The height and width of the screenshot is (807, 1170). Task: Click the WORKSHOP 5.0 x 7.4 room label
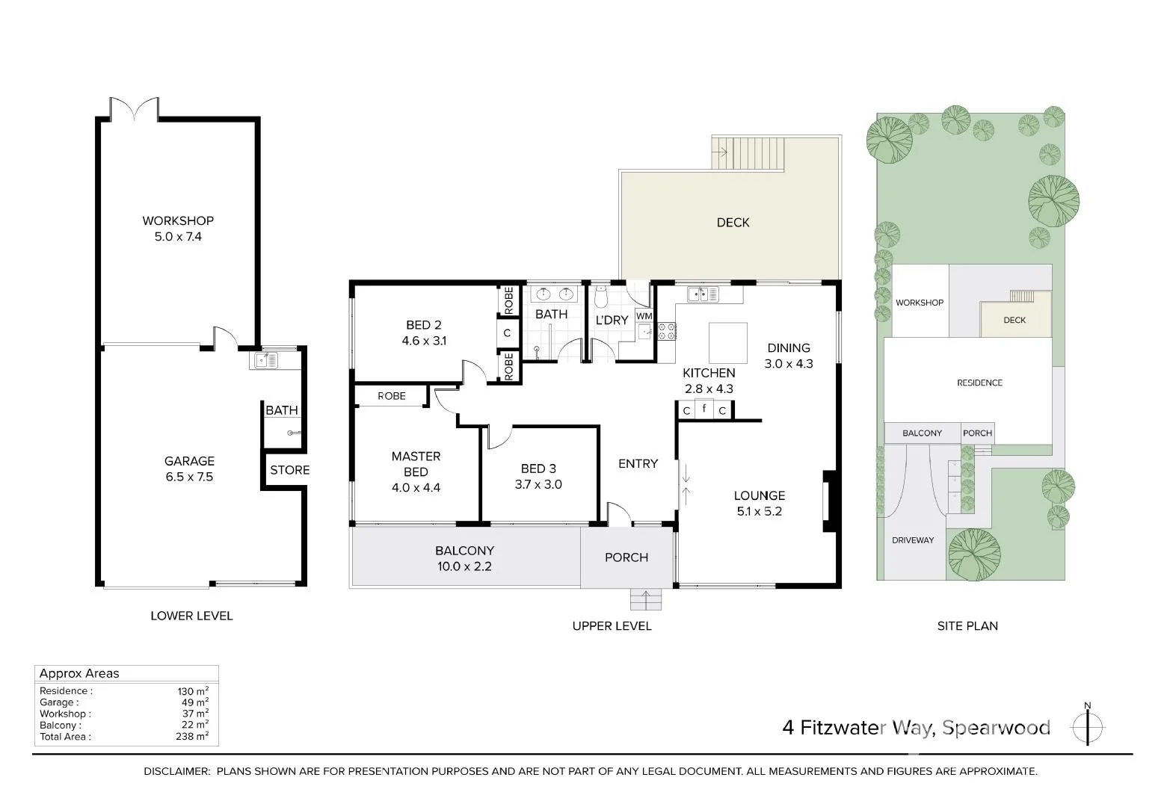tap(178, 229)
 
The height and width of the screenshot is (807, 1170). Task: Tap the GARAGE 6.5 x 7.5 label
tap(189, 469)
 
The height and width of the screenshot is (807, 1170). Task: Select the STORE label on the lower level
tap(290, 470)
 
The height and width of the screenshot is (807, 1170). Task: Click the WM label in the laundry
tap(644, 316)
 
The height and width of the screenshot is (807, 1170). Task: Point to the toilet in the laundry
tap(601, 296)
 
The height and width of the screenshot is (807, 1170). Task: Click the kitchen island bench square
tap(727, 342)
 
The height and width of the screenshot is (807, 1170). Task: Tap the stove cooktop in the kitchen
tap(666, 331)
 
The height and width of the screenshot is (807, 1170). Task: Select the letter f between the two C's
tap(704, 408)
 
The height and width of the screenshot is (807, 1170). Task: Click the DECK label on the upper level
tap(733, 223)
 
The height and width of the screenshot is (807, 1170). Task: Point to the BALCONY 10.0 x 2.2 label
tap(464, 558)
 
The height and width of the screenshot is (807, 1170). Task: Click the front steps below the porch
tap(646, 599)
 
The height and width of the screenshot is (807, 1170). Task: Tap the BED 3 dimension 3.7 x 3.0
tap(538, 484)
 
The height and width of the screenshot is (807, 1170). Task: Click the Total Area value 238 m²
tap(192, 736)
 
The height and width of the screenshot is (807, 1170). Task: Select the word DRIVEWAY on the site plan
tap(913, 540)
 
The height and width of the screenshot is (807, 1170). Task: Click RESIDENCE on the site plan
tap(979, 383)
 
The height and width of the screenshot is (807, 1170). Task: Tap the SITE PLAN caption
tap(967, 626)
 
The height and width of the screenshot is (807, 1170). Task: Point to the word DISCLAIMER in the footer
tap(176, 771)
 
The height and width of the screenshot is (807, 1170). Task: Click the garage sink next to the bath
tap(266, 359)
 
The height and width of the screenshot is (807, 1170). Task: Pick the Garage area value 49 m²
tap(195, 702)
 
